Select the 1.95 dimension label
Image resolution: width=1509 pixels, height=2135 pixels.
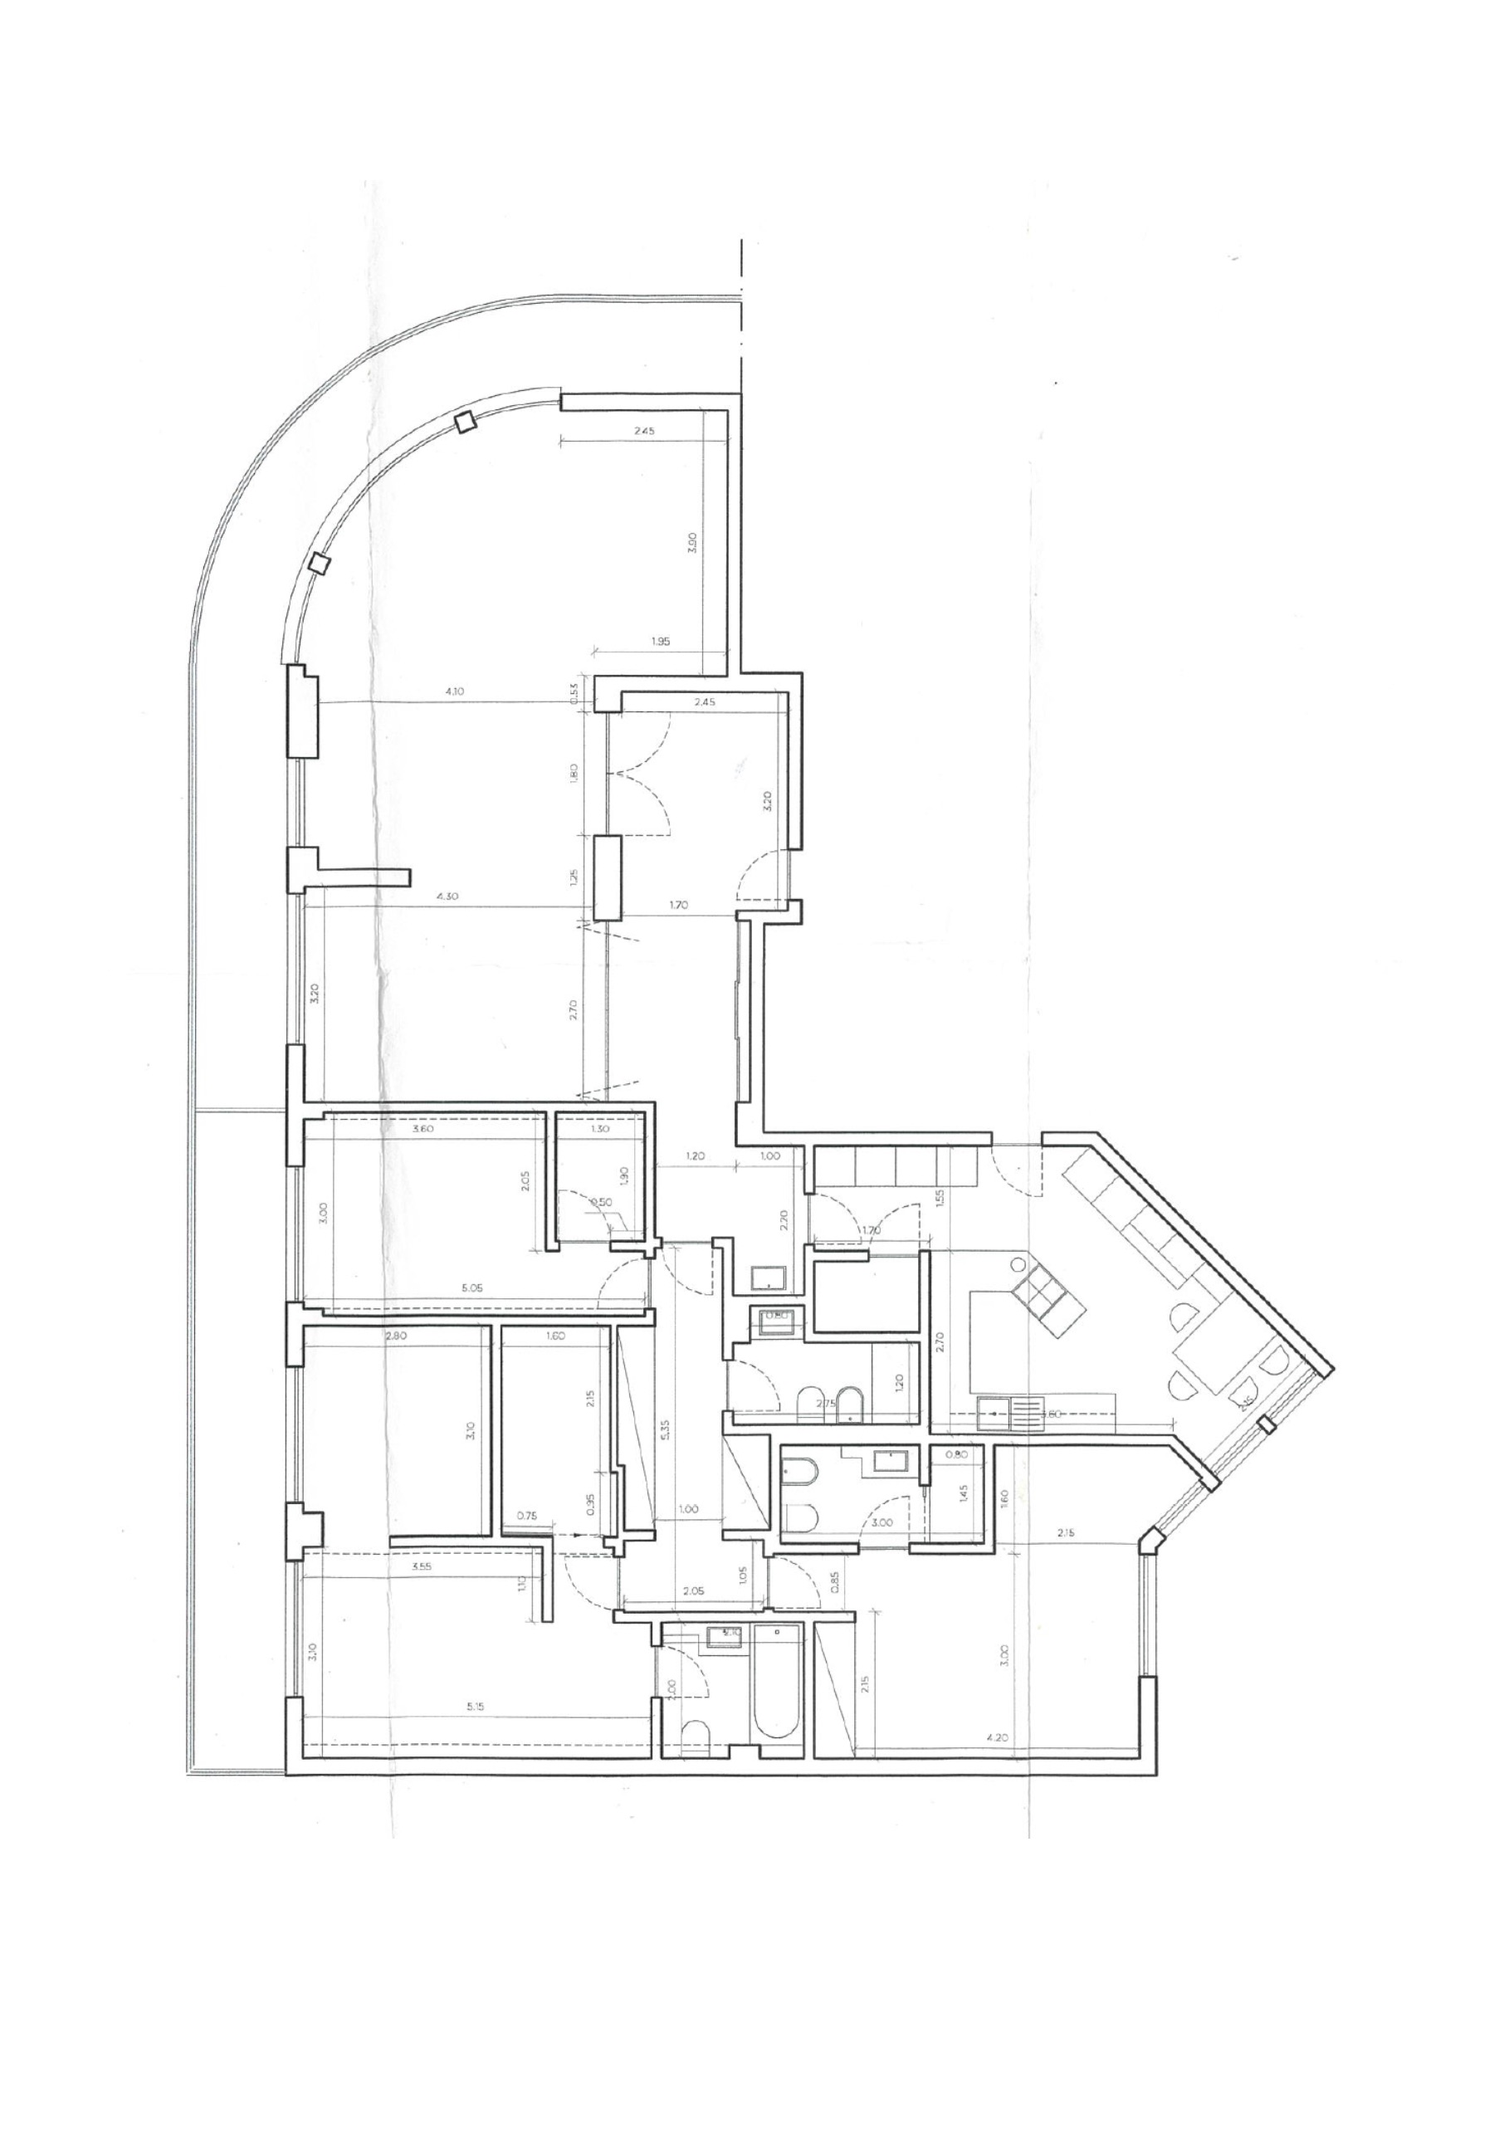click(661, 641)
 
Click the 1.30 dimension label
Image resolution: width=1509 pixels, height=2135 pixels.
click(599, 1129)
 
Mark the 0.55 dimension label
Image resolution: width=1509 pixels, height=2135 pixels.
click(574, 694)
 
